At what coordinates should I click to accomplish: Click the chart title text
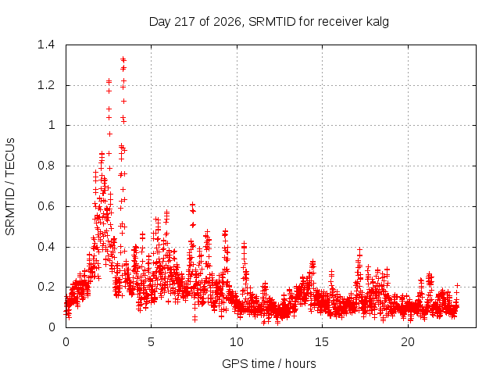269,22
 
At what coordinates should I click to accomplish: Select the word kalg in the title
377,22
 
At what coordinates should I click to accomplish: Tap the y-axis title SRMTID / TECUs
10,187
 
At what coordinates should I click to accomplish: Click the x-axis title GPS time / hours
269,363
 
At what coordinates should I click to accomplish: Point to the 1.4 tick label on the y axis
46,45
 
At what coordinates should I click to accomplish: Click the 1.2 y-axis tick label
46,85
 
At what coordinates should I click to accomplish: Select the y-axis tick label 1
52,125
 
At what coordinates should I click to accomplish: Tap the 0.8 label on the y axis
46,166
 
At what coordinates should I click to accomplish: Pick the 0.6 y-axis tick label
46,206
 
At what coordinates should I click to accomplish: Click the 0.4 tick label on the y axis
46,247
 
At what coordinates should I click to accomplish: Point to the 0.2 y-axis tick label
46,287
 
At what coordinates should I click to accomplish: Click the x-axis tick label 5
151,342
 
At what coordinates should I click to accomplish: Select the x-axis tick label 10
237,342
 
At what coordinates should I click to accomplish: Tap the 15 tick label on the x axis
322,342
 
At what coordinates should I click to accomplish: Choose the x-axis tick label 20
408,342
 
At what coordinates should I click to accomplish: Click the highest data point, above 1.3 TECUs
123,59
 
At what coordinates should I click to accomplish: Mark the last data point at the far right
457,285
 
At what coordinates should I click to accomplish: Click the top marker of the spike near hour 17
359,250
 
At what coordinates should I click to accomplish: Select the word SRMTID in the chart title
272,22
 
